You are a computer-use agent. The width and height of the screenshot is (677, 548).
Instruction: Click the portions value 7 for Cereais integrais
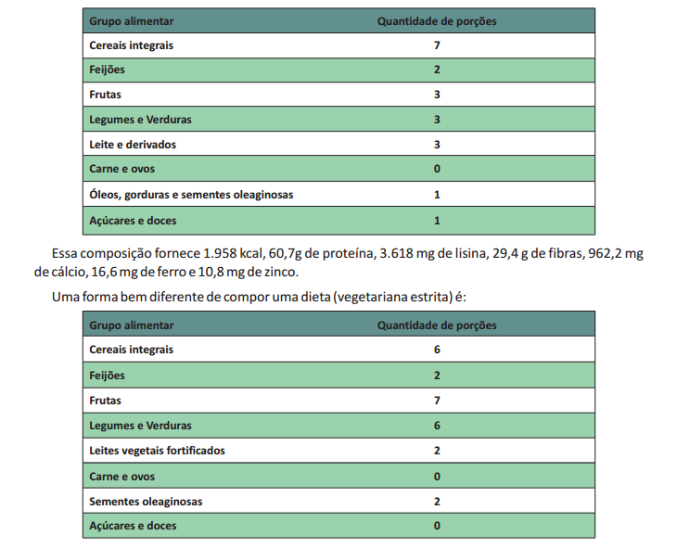pos(436,45)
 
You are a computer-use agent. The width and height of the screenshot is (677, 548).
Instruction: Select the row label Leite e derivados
pos(132,145)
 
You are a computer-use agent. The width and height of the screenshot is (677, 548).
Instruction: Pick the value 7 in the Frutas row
pos(436,401)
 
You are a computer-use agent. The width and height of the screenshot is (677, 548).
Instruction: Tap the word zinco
pos(278,273)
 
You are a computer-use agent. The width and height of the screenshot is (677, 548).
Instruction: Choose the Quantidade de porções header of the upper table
pos(436,20)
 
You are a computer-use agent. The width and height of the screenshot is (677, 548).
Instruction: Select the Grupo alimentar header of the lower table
pos(130,325)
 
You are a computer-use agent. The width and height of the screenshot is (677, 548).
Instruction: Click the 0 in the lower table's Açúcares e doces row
pos(436,526)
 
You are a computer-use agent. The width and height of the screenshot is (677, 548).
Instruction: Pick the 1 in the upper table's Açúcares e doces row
pos(436,221)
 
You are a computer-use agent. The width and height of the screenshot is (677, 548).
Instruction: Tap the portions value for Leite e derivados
pos(436,145)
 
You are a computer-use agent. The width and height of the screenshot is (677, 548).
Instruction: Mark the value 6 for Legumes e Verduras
pos(436,426)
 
